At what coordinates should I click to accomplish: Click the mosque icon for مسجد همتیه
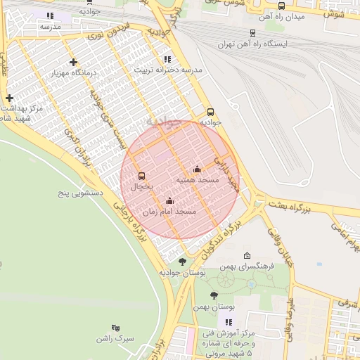point(197,169)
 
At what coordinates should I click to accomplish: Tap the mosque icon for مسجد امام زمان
point(169,200)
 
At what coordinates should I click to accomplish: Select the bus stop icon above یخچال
point(142,176)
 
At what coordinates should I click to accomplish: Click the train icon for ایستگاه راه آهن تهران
point(252,32)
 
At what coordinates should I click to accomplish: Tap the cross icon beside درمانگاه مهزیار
point(73,63)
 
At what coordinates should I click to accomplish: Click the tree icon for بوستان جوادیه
point(183,262)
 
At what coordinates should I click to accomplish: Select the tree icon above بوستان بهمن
point(214,296)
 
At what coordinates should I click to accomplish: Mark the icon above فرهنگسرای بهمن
point(246,256)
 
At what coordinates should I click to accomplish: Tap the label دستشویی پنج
point(80,191)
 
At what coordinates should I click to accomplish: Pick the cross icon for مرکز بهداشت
point(9,98)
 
